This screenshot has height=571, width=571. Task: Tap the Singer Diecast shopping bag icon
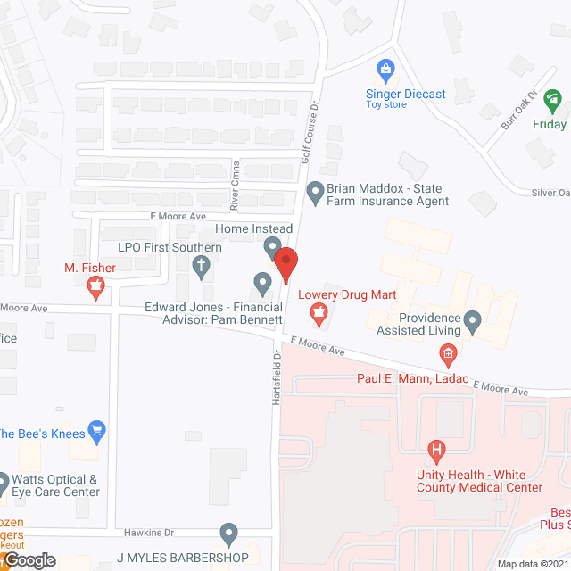tap(385, 68)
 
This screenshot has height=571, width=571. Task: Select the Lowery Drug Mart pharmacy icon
tap(316, 312)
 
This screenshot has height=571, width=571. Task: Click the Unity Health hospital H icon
tap(436, 450)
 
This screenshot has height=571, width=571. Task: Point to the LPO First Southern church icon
tap(203, 265)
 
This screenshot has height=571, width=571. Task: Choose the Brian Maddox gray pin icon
tap(315, 191)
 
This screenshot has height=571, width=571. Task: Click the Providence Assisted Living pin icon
tap(474, 319)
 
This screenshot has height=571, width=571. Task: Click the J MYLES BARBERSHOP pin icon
tap(229, 534)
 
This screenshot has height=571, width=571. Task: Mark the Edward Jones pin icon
tap(262, 284)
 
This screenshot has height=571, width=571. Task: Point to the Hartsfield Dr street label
tap(277, 377)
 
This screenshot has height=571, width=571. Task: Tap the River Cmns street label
tap(235, 185)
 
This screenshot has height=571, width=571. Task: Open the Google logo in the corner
tap(29, 559)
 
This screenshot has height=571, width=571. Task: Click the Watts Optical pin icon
tap(3, 482)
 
